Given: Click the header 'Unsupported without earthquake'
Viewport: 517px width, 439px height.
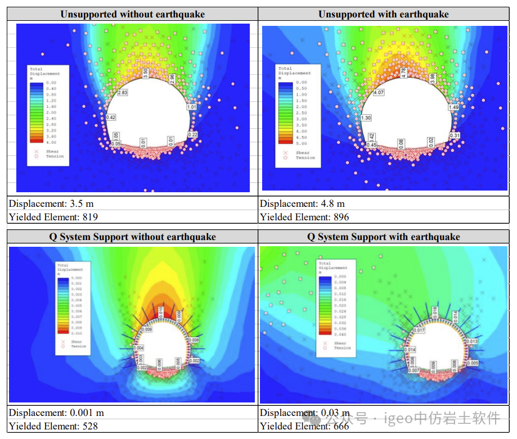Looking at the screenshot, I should [133, 14].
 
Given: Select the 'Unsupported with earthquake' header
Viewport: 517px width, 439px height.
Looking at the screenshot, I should [384, 14].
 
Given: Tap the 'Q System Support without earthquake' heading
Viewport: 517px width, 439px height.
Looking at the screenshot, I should [133, 237].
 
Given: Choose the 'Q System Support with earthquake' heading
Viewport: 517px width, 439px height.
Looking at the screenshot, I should [384, 237].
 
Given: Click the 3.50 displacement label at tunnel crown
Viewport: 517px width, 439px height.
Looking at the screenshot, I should [145, 74].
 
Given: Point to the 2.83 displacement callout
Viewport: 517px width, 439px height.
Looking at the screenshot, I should [123, 92].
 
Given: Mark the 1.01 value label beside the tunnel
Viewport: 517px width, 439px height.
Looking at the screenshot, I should [191, 107].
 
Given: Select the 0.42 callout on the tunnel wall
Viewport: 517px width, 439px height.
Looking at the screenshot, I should [110, 117].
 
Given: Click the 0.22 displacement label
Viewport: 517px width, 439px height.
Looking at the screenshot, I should [193, 134].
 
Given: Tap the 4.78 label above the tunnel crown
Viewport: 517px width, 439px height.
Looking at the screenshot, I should [403, 73].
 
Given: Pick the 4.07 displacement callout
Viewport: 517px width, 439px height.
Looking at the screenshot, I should [378, 92].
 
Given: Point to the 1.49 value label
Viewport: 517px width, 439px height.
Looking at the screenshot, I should [453, 107].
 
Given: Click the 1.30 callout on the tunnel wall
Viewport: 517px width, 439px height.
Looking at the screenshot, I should [366, 118].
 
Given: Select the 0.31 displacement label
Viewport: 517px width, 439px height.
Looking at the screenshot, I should [455, 135].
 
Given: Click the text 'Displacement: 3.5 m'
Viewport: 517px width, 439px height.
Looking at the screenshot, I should [44, 203].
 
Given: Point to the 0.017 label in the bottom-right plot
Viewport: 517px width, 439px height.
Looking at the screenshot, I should [419, 330].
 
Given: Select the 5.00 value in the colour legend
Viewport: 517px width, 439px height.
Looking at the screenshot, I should [301, 143].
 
